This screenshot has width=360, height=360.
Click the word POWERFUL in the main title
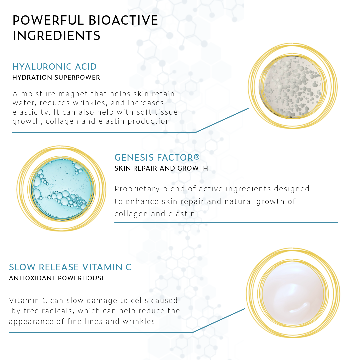pos(48,20)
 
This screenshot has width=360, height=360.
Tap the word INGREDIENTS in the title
pos(56,36)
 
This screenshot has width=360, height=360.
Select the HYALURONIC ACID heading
pos(54,67)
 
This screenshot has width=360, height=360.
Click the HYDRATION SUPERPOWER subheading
pos(56,78)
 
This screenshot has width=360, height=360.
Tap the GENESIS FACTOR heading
pos(157,157)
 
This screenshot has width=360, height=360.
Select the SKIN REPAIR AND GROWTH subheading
pos(161,168)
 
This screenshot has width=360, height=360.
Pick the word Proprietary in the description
pos(137,189)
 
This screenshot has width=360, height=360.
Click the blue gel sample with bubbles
pos(62,189)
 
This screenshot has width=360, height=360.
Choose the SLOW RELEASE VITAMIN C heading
pos(70,267)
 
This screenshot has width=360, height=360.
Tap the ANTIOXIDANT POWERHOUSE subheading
pos(57,278)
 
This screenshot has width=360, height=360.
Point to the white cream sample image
pos(293,293)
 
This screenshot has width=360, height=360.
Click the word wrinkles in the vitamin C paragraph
pos(139,321)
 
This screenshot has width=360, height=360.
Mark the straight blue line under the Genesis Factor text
pos(226,222)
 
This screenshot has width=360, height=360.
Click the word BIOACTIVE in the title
pos(123,20)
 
